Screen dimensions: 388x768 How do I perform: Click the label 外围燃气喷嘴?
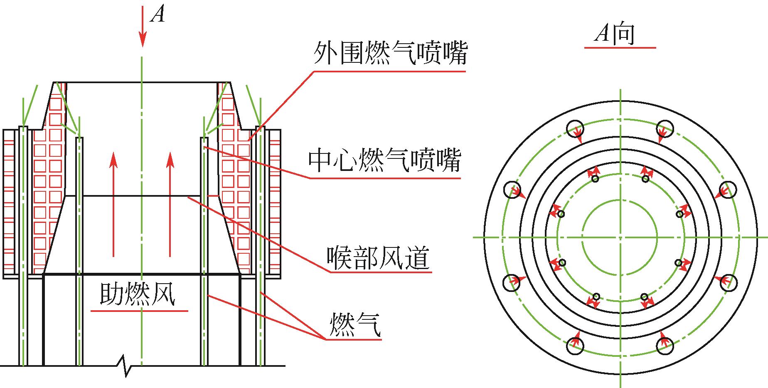point(390,53)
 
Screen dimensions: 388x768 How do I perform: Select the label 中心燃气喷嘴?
point(384,160)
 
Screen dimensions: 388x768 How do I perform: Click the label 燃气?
point(354,325)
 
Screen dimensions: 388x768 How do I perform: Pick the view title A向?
point(615,33)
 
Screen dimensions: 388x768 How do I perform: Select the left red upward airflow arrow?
point(113,204)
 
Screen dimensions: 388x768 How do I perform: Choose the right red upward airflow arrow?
point(170,204)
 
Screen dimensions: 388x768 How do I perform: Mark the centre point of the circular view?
point(620,237)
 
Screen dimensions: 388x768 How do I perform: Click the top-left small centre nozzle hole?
point(595,179)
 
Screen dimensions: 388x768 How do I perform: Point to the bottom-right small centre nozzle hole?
point(644,297)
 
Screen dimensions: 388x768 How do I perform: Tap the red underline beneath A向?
point(620,48)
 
